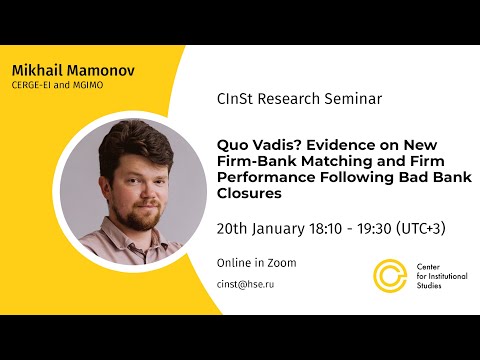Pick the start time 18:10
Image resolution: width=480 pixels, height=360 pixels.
pos(322,228)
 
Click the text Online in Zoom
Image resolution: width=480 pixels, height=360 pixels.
pos(256,263)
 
